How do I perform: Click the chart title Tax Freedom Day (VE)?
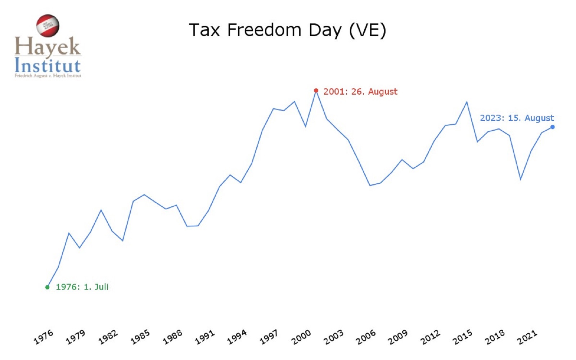tap(287, 30)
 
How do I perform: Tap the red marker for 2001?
tap(316, 90)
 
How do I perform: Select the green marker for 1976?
tap(47, 287)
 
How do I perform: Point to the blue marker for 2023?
tap(553, 127)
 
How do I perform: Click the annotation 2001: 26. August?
tap(360, 91)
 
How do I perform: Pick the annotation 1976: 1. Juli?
tap(82, 287)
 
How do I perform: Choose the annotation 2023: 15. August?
tap(517, 118)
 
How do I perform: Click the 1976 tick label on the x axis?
tap(44, 337)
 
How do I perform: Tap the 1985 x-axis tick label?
tap(140, 337)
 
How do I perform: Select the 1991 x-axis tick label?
tap(204, 337)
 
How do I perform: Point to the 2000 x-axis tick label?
tap(301, 337)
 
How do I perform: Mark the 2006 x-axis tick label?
tap(365, 337)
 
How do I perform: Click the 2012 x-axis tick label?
tap(430, 337)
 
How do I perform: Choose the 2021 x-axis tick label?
tap(527, 337)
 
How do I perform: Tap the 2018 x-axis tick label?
tap(494, 337)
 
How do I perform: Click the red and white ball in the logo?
tap(48, 26)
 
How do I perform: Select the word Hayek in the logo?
tap(47, 47)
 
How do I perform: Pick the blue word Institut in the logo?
tap(47, 66)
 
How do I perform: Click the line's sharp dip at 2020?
tap(521, 179)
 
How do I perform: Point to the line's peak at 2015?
tap(467, 102)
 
